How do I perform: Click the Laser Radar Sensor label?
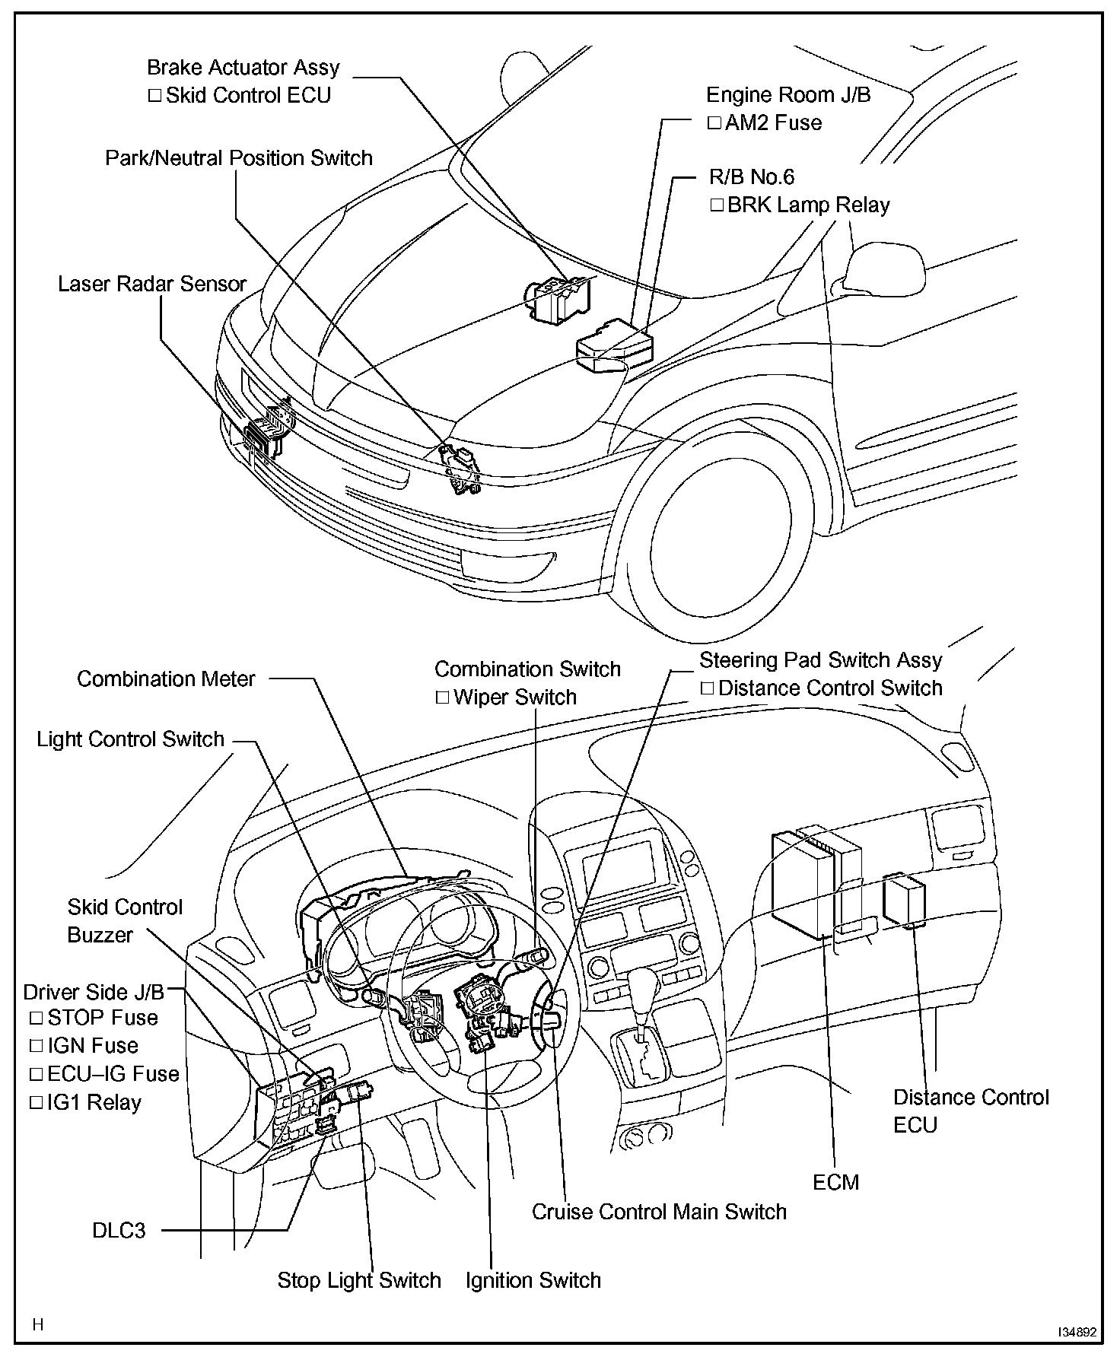pyautogui.click(x=152, y=284)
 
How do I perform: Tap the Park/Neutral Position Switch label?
pyautogui.click(x=239, y=158)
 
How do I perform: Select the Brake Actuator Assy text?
pyautogui.click(x=243, y=68)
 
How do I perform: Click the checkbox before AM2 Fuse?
pyautogui.click(x=714, y=123)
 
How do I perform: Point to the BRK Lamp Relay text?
pyautogui.click(x=808, y=205)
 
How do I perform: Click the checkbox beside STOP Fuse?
pyautogui.click(x=36, y=1018)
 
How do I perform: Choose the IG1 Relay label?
pyautogui.click(x=94, y=1103)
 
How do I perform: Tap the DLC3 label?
pyautogui.click(x=119, y=1230)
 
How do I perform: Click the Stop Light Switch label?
pyautogui.click(x=359, y=1280)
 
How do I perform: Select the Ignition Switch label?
pyautogui.click(x=533, y=1280)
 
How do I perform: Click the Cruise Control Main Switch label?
pyautogui.click(x=659, y=1212)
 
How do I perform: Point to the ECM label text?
pyautogui.click(x=835, y=1182)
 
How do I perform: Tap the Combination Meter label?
pyautogui.click(x=166, y=678)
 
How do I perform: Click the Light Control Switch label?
pyautogui.click(x=131, y=739)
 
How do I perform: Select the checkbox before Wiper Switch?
pyautogui.click(x=442, y=698)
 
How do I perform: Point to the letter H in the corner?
pyautogui.click(x=38, y=1325)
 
